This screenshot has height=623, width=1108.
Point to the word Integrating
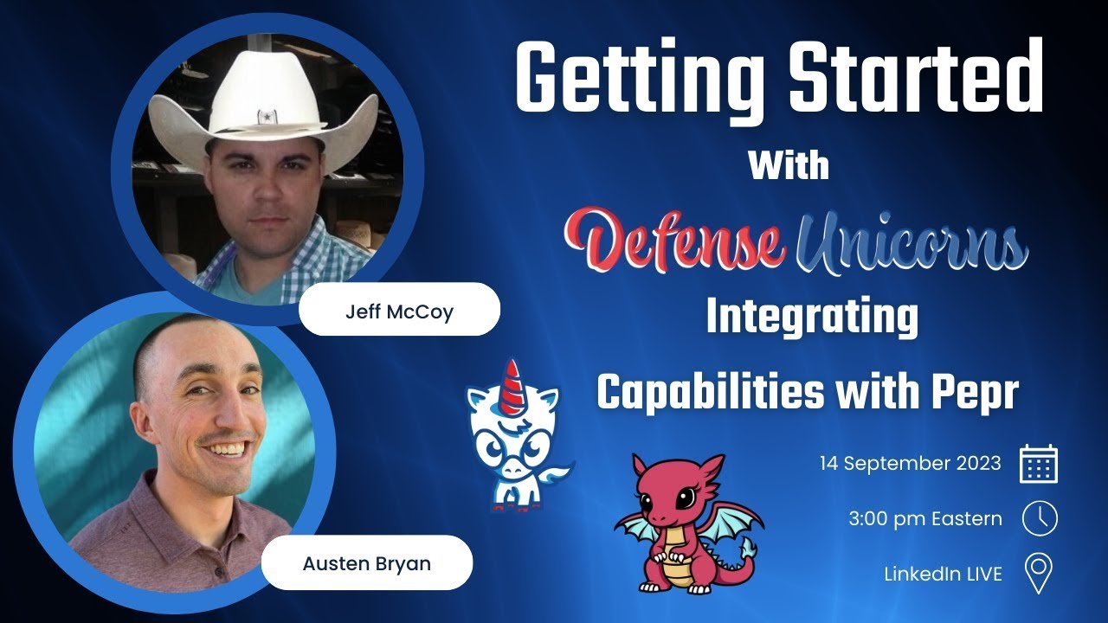(x=811, y=318)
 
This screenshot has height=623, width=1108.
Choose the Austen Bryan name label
(x=366, y=563)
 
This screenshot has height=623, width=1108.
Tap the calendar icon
(x=1039, y=464)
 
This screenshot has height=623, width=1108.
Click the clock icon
(x=1039, y=519)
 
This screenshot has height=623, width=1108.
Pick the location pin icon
(x=1038, y=574)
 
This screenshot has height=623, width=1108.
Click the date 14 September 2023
(x=910, y=463)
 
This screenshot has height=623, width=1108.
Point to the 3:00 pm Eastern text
(x=925, y=519)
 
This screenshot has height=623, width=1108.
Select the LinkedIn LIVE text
(x=943, y=573)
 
